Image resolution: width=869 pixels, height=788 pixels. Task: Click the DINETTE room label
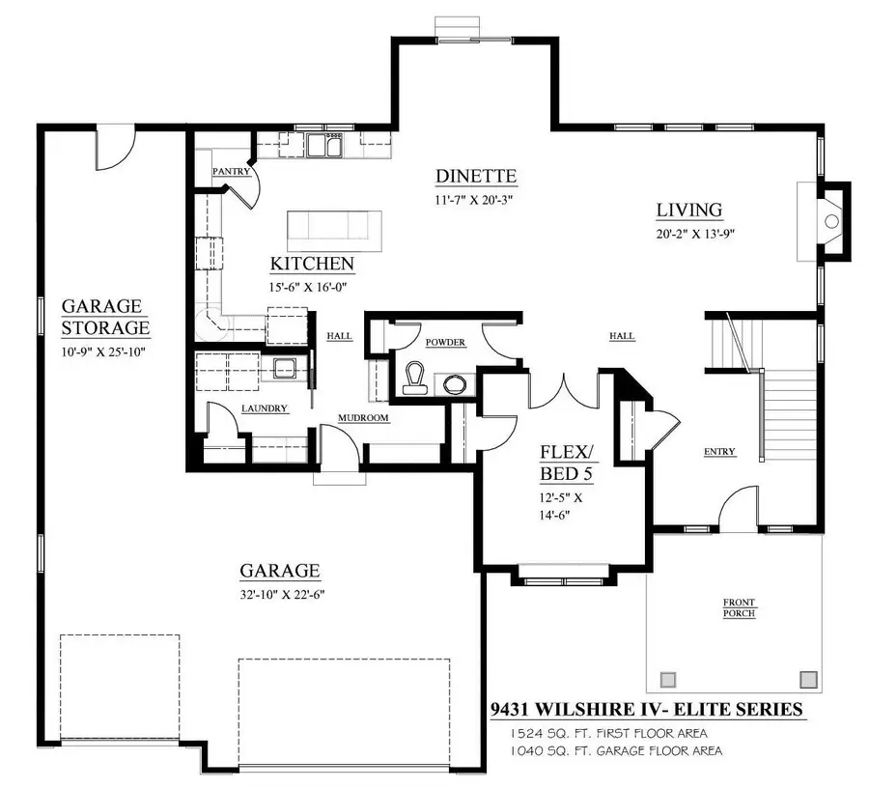(x=476, y=177)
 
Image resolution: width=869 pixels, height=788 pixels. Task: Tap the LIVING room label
(x=689, y=210)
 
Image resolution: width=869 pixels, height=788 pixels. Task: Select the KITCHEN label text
(x=311, y=264)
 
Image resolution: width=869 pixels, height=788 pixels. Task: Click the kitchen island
(x=333, y=229)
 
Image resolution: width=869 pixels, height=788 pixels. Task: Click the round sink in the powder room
(x=455, y=383)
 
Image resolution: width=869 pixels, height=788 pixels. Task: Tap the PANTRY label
(x=231, y=172)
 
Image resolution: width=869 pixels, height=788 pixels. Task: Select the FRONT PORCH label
(x=739, y=607)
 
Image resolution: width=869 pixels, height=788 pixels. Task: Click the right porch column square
(x=809, y=678)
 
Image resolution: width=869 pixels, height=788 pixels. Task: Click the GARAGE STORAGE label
(x=105, y=317)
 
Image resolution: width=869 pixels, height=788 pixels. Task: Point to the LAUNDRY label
(x=264, y=408)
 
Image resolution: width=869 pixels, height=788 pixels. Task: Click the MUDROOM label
(x=362, y=418)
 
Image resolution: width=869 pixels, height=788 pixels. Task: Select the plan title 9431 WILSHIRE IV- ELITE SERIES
(x=647, y=710)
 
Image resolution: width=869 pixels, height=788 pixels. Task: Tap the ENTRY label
(x=719, y=452)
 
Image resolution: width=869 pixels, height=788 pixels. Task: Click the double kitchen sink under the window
(x=323, y=148)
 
